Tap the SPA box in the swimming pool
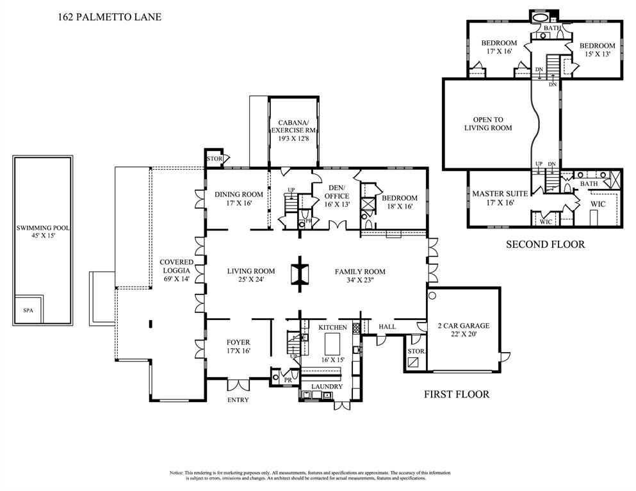pyautogui.click(x=28, y=310)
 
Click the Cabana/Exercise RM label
pyautogui.click(x=293, y=131)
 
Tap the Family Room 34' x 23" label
pyautogui.click(x=360, y=276)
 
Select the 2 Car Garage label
pyautogui.click(x=457, y=329)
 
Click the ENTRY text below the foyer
pyautogui.click(x=238, y=400)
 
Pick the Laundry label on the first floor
pyautogui.click(x=327, y=387)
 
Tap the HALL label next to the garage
pyautogui.click(x=387, y=326)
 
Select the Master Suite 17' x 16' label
pyautogui.click(x=500, y=197)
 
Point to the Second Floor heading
pyautogui.click(x=545, y=244)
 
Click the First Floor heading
pyautogui.click(x=457, y=394)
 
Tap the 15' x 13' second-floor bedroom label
pyautogui.click(x=597, y=50)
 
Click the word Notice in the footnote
pyautogui.click(x=177, y=473)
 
